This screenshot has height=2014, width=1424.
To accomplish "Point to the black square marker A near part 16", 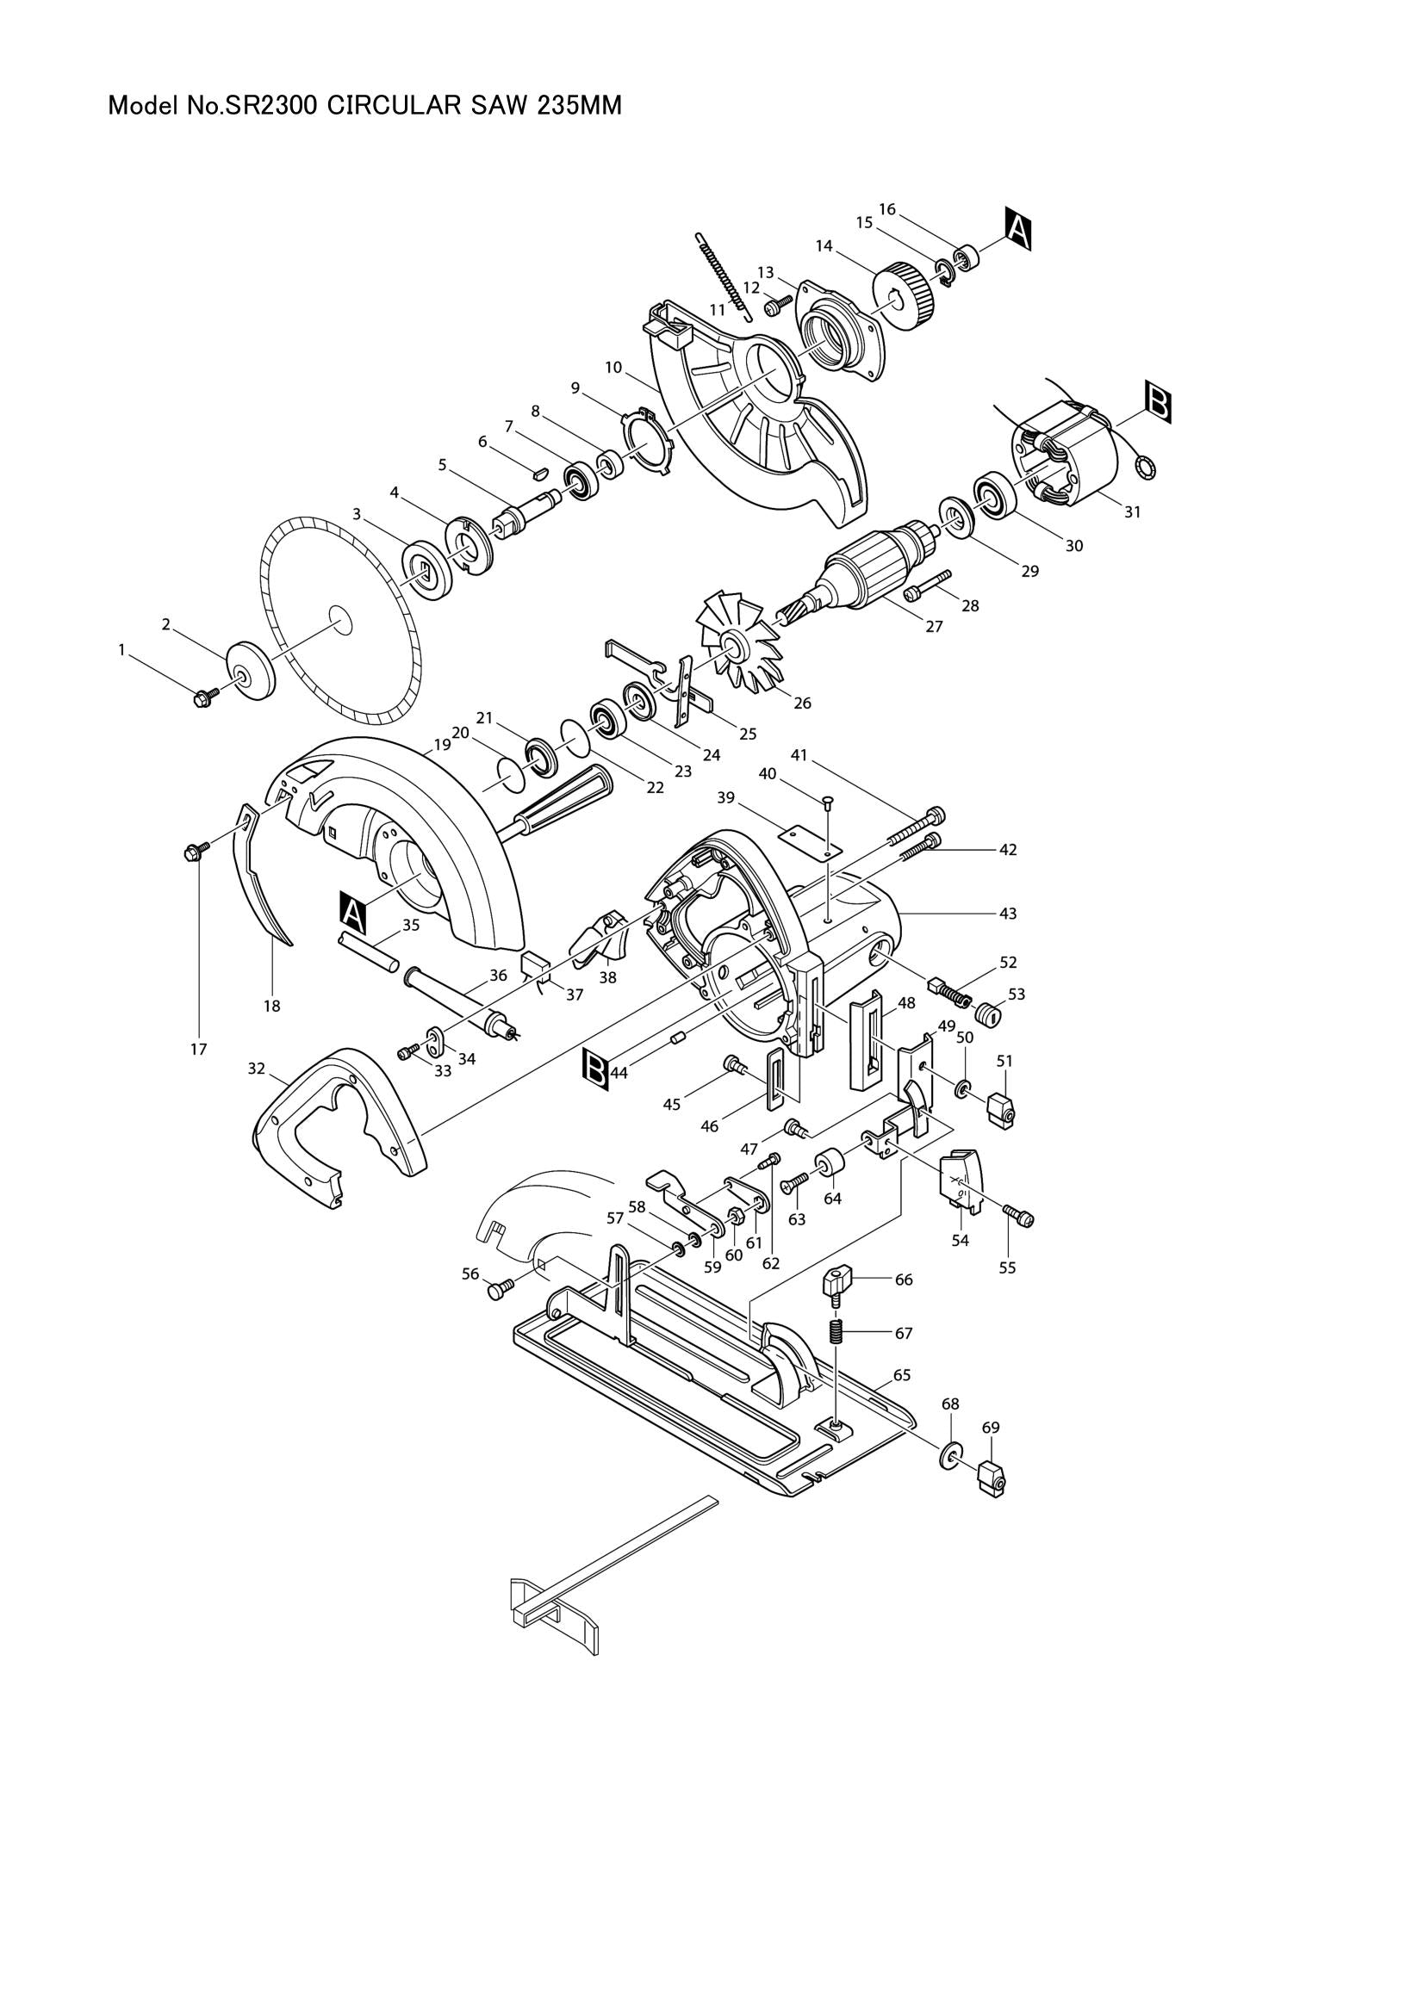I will point(1017,229).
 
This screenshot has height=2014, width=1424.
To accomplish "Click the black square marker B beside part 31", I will point(1158,403).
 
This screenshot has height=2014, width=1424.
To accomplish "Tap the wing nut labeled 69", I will point(990,1479).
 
